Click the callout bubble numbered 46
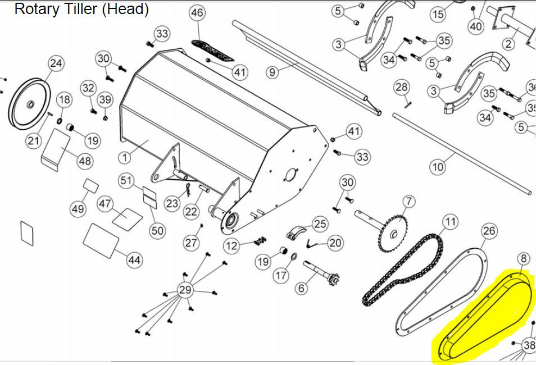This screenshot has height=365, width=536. click(x=197, y=13)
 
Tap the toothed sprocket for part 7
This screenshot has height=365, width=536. click(x=396, y=233)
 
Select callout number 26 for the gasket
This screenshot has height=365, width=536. click(x=489, y=231)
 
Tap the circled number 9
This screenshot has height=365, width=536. click(x=272, y=72)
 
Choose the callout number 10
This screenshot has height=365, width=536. click(x=438, y=167)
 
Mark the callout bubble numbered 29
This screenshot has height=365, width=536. click(x=185, y=290)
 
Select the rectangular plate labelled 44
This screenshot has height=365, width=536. click(x=102, y=239)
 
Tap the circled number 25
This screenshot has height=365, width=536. click(x=320, y=224)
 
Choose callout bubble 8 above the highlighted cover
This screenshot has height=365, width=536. click(x=523, y=259)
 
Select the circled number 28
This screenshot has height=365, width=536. click(x=402, y=87)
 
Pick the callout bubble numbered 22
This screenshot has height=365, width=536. click(x=192, y=211)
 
